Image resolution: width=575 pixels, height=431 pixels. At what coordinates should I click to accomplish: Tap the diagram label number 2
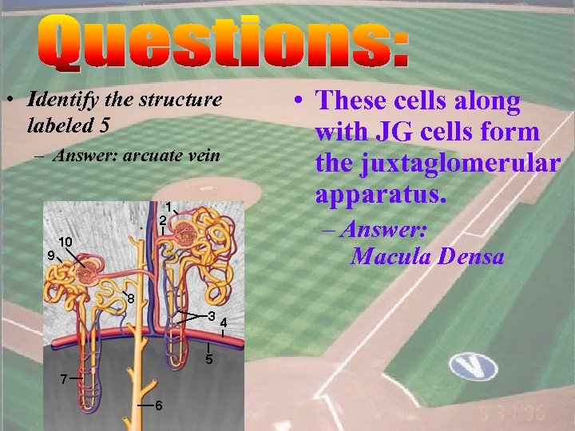pos(161,220)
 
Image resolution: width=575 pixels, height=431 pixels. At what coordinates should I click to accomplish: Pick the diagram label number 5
pos(208,360)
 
